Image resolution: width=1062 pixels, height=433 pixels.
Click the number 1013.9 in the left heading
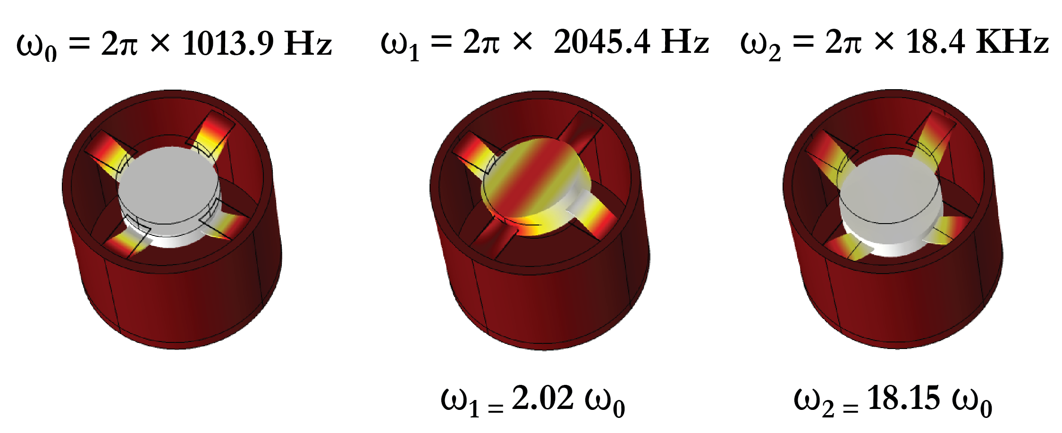(228, 43)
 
